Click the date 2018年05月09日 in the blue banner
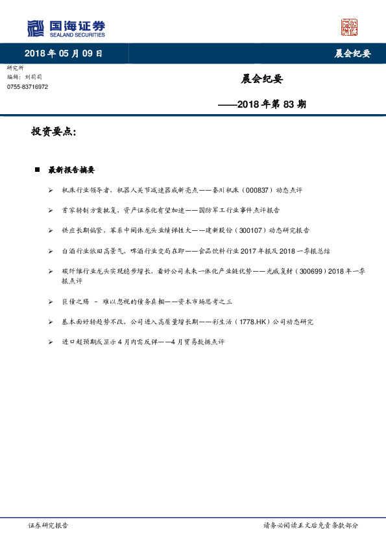tap(64, 54)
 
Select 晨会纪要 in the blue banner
tap(352, 54)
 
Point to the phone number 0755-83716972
tap(27, 87)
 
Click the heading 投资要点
tap(53, 132)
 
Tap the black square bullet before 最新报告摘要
tap(38, 170)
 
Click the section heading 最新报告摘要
tap(71, 170)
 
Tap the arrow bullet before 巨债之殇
tap(51, 302)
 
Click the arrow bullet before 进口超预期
tap(51, 342)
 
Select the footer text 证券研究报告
tap(48, 526)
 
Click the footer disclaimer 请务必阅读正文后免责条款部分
tap(310, 526)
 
